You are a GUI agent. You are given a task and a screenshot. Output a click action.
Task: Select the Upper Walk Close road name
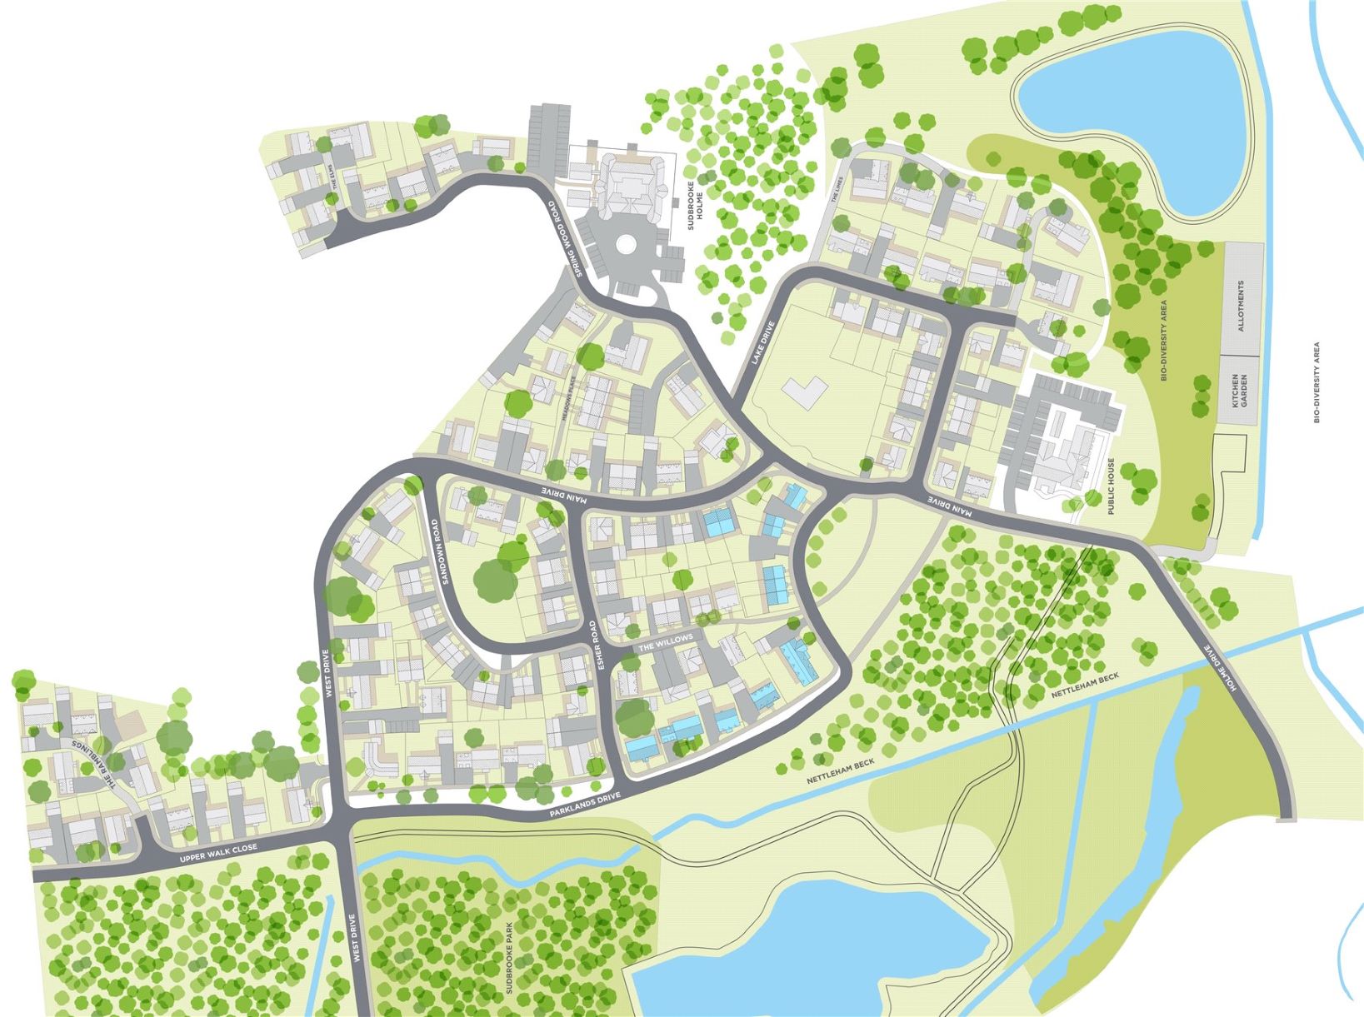(x=219, y=850)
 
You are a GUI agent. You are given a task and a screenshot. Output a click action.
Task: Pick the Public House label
(x=1112, y=486)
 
